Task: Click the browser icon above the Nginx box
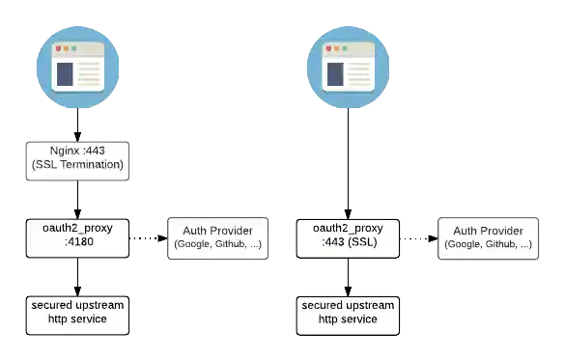pyautogui.click(x=77, y=66)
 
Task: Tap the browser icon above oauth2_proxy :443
pyautogui.click(x=348, y=66)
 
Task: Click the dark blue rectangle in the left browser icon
pyautogui.click(x=65, y=73)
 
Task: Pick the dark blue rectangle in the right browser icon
pyautogui.click(x=335, y=73)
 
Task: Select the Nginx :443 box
pyautogui.click(x=77, y=158)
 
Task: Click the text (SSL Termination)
pyautogui.click(x=77, y=165)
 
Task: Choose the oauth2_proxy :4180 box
pyautogui.click(x=77, y=237)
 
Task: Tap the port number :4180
pyautogui.click(x=77, y=245)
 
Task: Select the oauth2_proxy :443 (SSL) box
pyautogui.click(x=348, y=237)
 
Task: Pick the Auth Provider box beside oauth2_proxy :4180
pyautogui.click(x=217, y=237)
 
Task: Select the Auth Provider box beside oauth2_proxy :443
pyautogui.click(x=488, y=237)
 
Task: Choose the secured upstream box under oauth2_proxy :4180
pyautogui.click(x=77, y=313)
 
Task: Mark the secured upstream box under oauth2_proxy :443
pyautogui.click(x=348, y=313)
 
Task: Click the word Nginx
pyautogui.click(x=66, y=152)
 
